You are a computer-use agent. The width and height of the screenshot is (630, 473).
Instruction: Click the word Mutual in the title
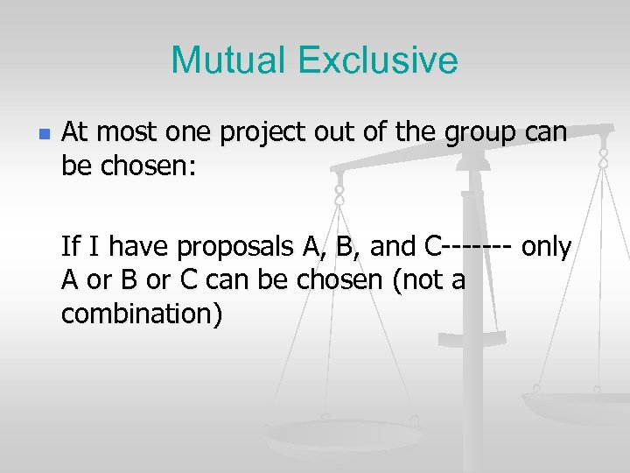(x=228, y=60)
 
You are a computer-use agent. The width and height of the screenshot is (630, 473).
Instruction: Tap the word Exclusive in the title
(x=377, y=60)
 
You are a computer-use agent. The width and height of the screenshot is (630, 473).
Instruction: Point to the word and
(x=393, y=248)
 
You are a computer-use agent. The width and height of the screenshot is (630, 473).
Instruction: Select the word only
(x=547, y=248)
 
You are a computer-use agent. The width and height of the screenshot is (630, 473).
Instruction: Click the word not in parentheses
(x=403, y=280)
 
